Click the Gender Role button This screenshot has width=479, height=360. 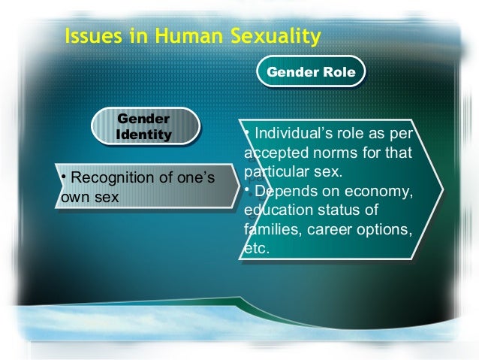coord(310,73)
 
